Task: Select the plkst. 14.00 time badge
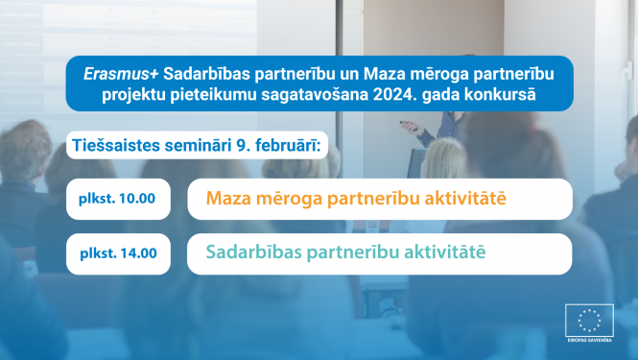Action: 118,254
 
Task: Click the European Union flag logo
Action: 589,321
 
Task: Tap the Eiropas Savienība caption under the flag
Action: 589,344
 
